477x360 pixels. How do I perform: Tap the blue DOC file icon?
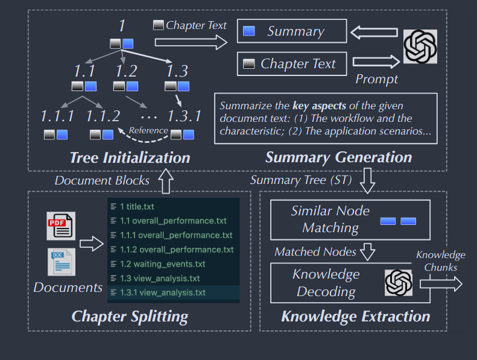[61, 262]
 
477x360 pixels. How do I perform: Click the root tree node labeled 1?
[122, 27]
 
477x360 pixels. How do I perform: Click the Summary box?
[292, 32]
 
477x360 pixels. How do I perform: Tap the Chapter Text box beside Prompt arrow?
[292, 63]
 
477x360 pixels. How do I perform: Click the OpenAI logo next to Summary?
[420, 46]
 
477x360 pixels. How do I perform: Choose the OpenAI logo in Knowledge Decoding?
[398, 282]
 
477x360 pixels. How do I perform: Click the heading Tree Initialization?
[130, 158]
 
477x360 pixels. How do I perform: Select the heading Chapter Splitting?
[130, 315]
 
